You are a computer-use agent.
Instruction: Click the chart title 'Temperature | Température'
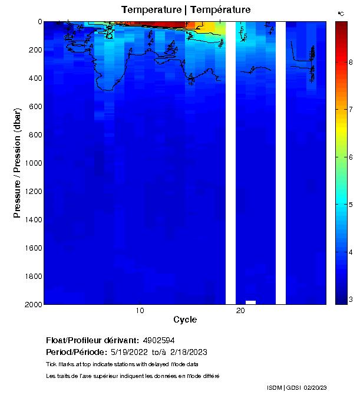[186, 10]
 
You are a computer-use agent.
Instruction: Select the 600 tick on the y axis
[35, 106]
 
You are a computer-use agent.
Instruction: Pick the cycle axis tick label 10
[140, 310]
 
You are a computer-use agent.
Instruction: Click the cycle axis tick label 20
[240, 310]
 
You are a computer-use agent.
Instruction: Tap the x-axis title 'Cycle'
[185, 320]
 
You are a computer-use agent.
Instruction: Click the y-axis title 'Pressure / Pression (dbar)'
[17, 163]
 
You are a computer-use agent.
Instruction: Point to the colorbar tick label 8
[351, 62]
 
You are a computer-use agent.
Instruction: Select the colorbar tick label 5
[351, 205]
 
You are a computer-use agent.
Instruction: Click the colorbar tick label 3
[351, 300]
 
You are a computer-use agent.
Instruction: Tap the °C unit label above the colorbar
[341, 12]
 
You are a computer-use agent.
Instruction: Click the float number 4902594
[158, 341]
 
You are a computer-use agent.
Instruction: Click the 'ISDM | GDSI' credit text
[284, 387]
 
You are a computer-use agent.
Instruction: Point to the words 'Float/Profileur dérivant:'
[93, 341]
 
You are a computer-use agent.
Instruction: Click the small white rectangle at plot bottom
[250, 302]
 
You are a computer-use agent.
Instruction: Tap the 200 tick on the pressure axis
[35, 50]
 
